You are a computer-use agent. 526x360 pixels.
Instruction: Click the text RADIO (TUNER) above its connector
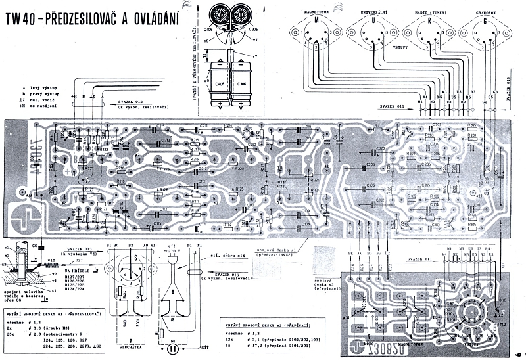coord(429,11)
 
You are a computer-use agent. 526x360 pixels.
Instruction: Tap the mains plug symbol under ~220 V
coord(174,261)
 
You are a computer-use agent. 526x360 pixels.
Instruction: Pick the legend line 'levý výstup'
coord(40,87)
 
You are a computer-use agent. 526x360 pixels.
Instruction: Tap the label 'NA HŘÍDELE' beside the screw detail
coord(78,271)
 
